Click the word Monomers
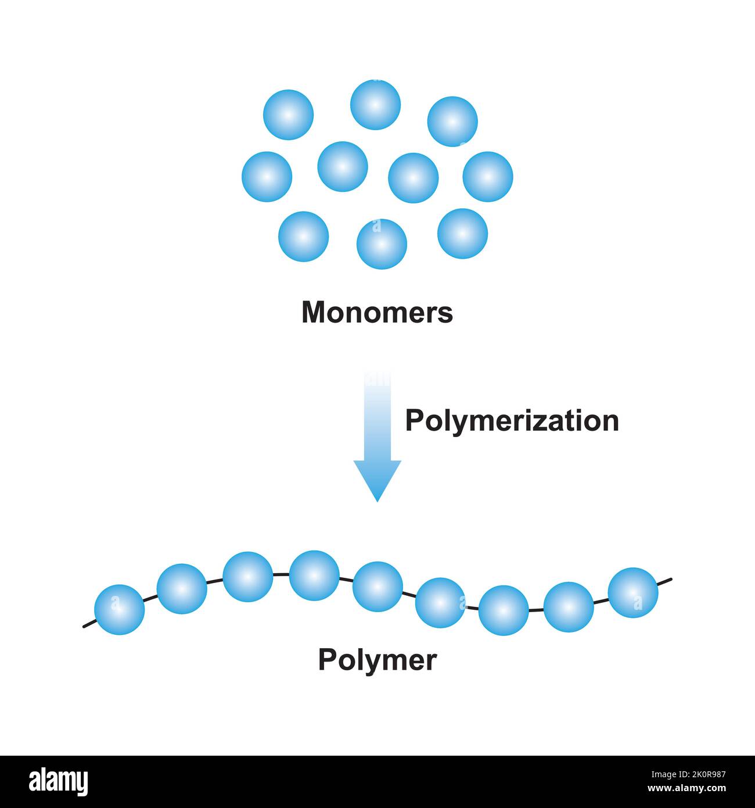(x=377, y=313)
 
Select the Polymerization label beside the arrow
(x=512, y=420)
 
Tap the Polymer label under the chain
(x=377, y=660)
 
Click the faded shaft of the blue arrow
(x=378, y=413)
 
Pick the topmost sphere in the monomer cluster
(x=375, y=105)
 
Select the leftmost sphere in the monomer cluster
(x=267, y=177)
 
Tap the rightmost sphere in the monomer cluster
(x=488, y=177)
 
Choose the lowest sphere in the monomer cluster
(x=382, y=244)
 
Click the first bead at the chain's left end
(x=119, y=609)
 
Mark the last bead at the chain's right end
(x=633, y=592)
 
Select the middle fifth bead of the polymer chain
(x=378, y=587)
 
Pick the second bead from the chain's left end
(x=182, y=588)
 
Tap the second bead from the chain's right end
(x=569, y=607)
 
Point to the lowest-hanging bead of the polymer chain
(x=504, y=610)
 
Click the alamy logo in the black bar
(x=58, y=782)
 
